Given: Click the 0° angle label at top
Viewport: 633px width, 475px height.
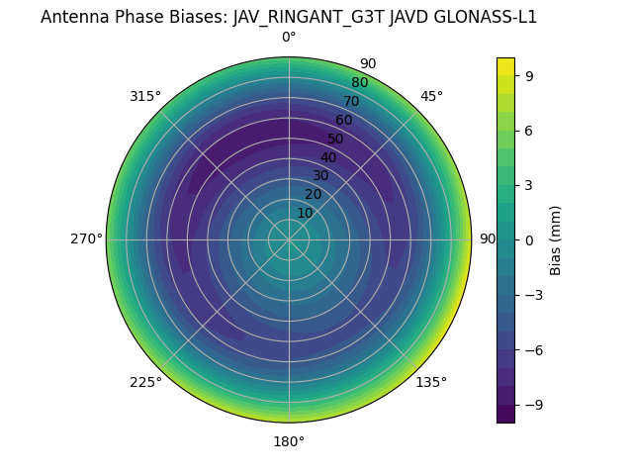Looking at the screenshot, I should coord(289,38).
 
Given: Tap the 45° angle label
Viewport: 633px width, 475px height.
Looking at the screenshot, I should coord(431,96).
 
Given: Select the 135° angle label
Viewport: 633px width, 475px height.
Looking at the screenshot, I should coord(431,382).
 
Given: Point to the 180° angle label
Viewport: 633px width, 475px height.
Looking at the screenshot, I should coord(289,441).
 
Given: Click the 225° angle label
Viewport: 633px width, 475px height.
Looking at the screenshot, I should coord(145,382).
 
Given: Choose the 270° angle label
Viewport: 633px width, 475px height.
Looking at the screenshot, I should coord(86,239).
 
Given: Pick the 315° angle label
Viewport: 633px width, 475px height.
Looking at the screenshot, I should coord(145,96).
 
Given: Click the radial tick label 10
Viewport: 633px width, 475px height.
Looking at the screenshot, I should coord(305,213).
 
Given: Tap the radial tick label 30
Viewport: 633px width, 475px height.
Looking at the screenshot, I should coord(320,175).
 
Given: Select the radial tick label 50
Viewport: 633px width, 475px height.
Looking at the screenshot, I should coord(336,139).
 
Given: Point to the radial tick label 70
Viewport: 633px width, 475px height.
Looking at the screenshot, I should coord(351,101).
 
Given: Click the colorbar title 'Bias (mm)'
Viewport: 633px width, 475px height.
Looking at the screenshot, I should coord(556,239).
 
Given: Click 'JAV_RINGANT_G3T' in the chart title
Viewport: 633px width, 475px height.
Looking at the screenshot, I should coord(298,17).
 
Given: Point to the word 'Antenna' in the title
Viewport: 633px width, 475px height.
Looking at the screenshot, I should coord(74,17).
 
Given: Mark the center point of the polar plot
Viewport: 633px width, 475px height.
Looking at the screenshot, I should coord(289,239).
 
